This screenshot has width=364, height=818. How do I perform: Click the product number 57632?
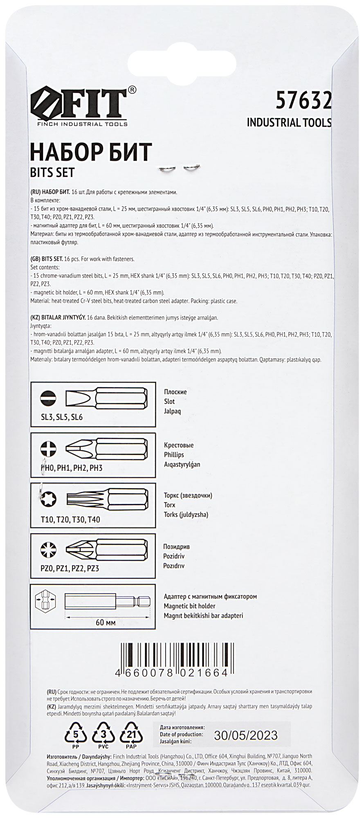[303, 100]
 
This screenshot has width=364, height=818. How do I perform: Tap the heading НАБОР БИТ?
[91, 153]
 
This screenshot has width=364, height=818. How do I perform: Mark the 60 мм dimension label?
[106, 622]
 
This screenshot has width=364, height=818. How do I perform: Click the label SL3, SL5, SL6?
[62, 418]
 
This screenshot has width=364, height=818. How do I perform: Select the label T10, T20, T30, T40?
[70, 519]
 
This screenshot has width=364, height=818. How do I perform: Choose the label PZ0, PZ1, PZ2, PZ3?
[70, 568]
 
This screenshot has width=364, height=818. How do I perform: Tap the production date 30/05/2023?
[246, 735]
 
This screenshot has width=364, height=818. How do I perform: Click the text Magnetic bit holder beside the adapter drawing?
[189, 606]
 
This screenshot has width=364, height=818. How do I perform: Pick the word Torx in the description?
[169, 505]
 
